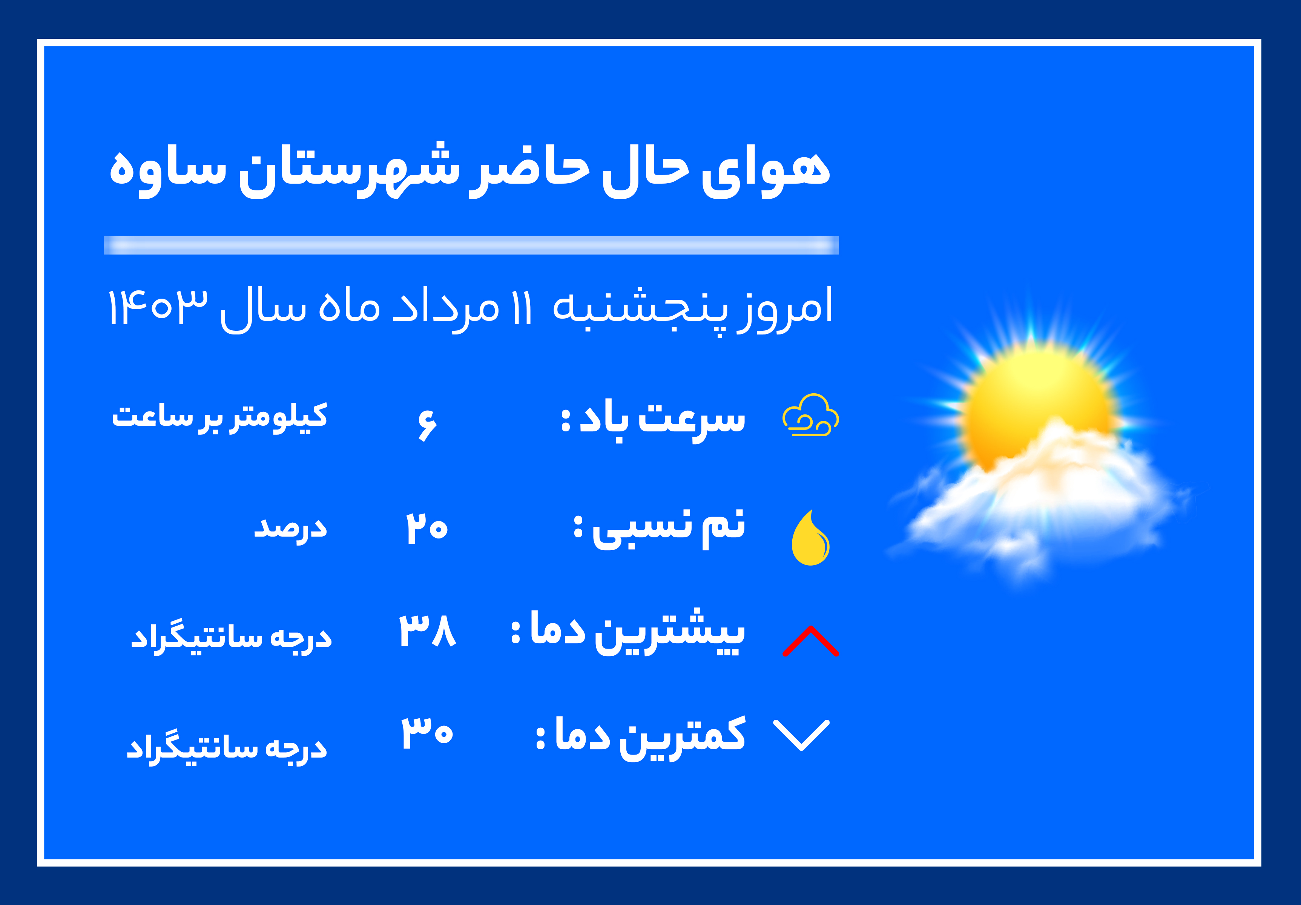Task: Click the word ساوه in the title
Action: click(168, 170)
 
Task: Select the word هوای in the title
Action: click(766, 170)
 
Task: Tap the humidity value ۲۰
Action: click(427, 528)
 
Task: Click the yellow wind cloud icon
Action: click(811, 416)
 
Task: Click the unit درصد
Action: click(290, 529)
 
